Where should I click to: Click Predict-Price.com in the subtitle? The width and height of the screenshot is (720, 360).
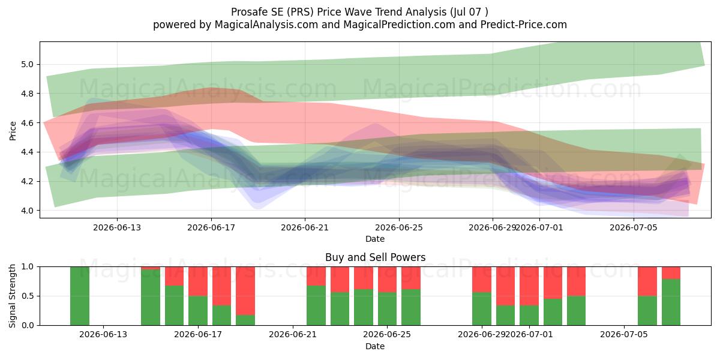coord(524,25)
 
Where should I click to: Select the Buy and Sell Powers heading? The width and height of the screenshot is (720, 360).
coord(375,257)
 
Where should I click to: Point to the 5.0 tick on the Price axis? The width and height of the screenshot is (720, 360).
coord(28,64)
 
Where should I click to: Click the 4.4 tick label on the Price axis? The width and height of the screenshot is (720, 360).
coord(28,152)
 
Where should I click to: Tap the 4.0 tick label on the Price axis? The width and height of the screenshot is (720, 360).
coord(28,211)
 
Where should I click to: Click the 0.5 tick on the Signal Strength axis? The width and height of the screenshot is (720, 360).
coord(28,296)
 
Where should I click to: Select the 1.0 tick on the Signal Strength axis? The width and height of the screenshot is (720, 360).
coord(28,266)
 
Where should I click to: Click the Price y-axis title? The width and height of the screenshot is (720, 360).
coord(13,131)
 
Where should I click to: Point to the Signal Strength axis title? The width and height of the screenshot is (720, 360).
coord(12,296)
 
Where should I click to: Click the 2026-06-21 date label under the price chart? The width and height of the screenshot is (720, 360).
coord(305,227)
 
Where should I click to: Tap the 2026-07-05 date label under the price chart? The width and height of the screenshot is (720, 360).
coord(634,227)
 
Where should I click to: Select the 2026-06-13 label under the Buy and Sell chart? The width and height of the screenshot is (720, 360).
coord(103,334)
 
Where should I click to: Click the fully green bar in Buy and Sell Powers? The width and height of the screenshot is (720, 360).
coord(80,296)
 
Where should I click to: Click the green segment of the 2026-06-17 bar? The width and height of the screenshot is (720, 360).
coord(198,311)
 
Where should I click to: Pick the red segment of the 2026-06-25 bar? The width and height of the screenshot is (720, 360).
coord(388,280)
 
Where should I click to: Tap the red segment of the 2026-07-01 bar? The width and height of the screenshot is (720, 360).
coord(529,286)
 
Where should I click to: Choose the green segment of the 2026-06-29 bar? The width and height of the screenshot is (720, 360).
coord(482,308)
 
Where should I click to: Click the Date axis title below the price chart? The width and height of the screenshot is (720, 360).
coord(375,239)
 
